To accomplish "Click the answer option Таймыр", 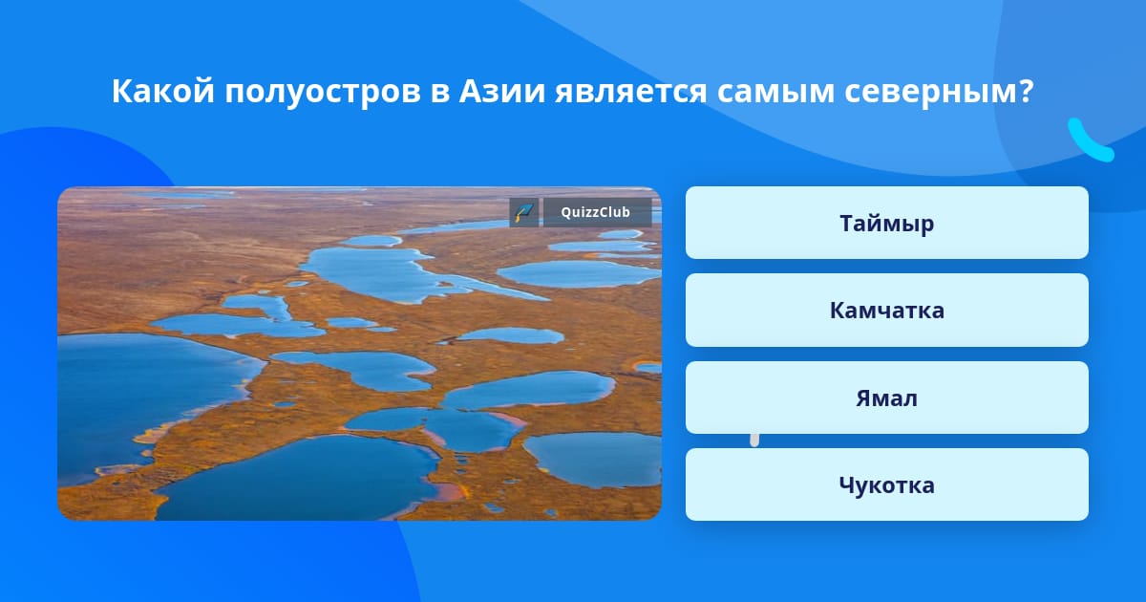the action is [886, 223].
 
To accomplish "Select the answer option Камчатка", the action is [886, 311].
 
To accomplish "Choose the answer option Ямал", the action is [886, 398].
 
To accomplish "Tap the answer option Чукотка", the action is [886, 484].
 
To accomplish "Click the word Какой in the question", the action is [162, 91].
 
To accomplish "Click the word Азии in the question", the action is [501, 91].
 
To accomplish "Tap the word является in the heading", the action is [631, 92].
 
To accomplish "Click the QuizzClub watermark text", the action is [595, 212].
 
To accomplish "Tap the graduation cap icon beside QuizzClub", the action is [524, 212].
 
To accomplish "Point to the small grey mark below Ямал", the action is [754, 441].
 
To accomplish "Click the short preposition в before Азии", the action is [439, 95].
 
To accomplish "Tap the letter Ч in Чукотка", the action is [847, 484].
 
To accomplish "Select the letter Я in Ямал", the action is [864, 398].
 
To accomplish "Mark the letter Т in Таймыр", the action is [847, 223].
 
